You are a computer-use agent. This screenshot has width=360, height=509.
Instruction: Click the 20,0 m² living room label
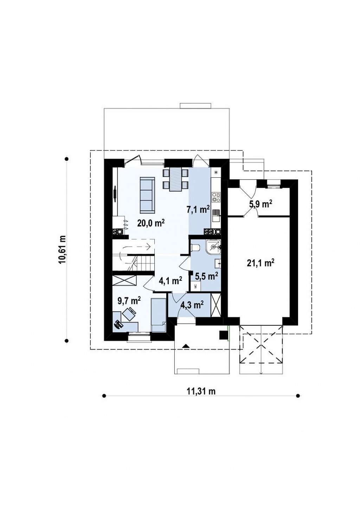point(150,223)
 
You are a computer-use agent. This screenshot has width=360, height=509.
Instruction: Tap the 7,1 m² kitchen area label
point(198,209)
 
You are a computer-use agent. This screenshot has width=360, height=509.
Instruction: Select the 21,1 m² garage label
point(260,263)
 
